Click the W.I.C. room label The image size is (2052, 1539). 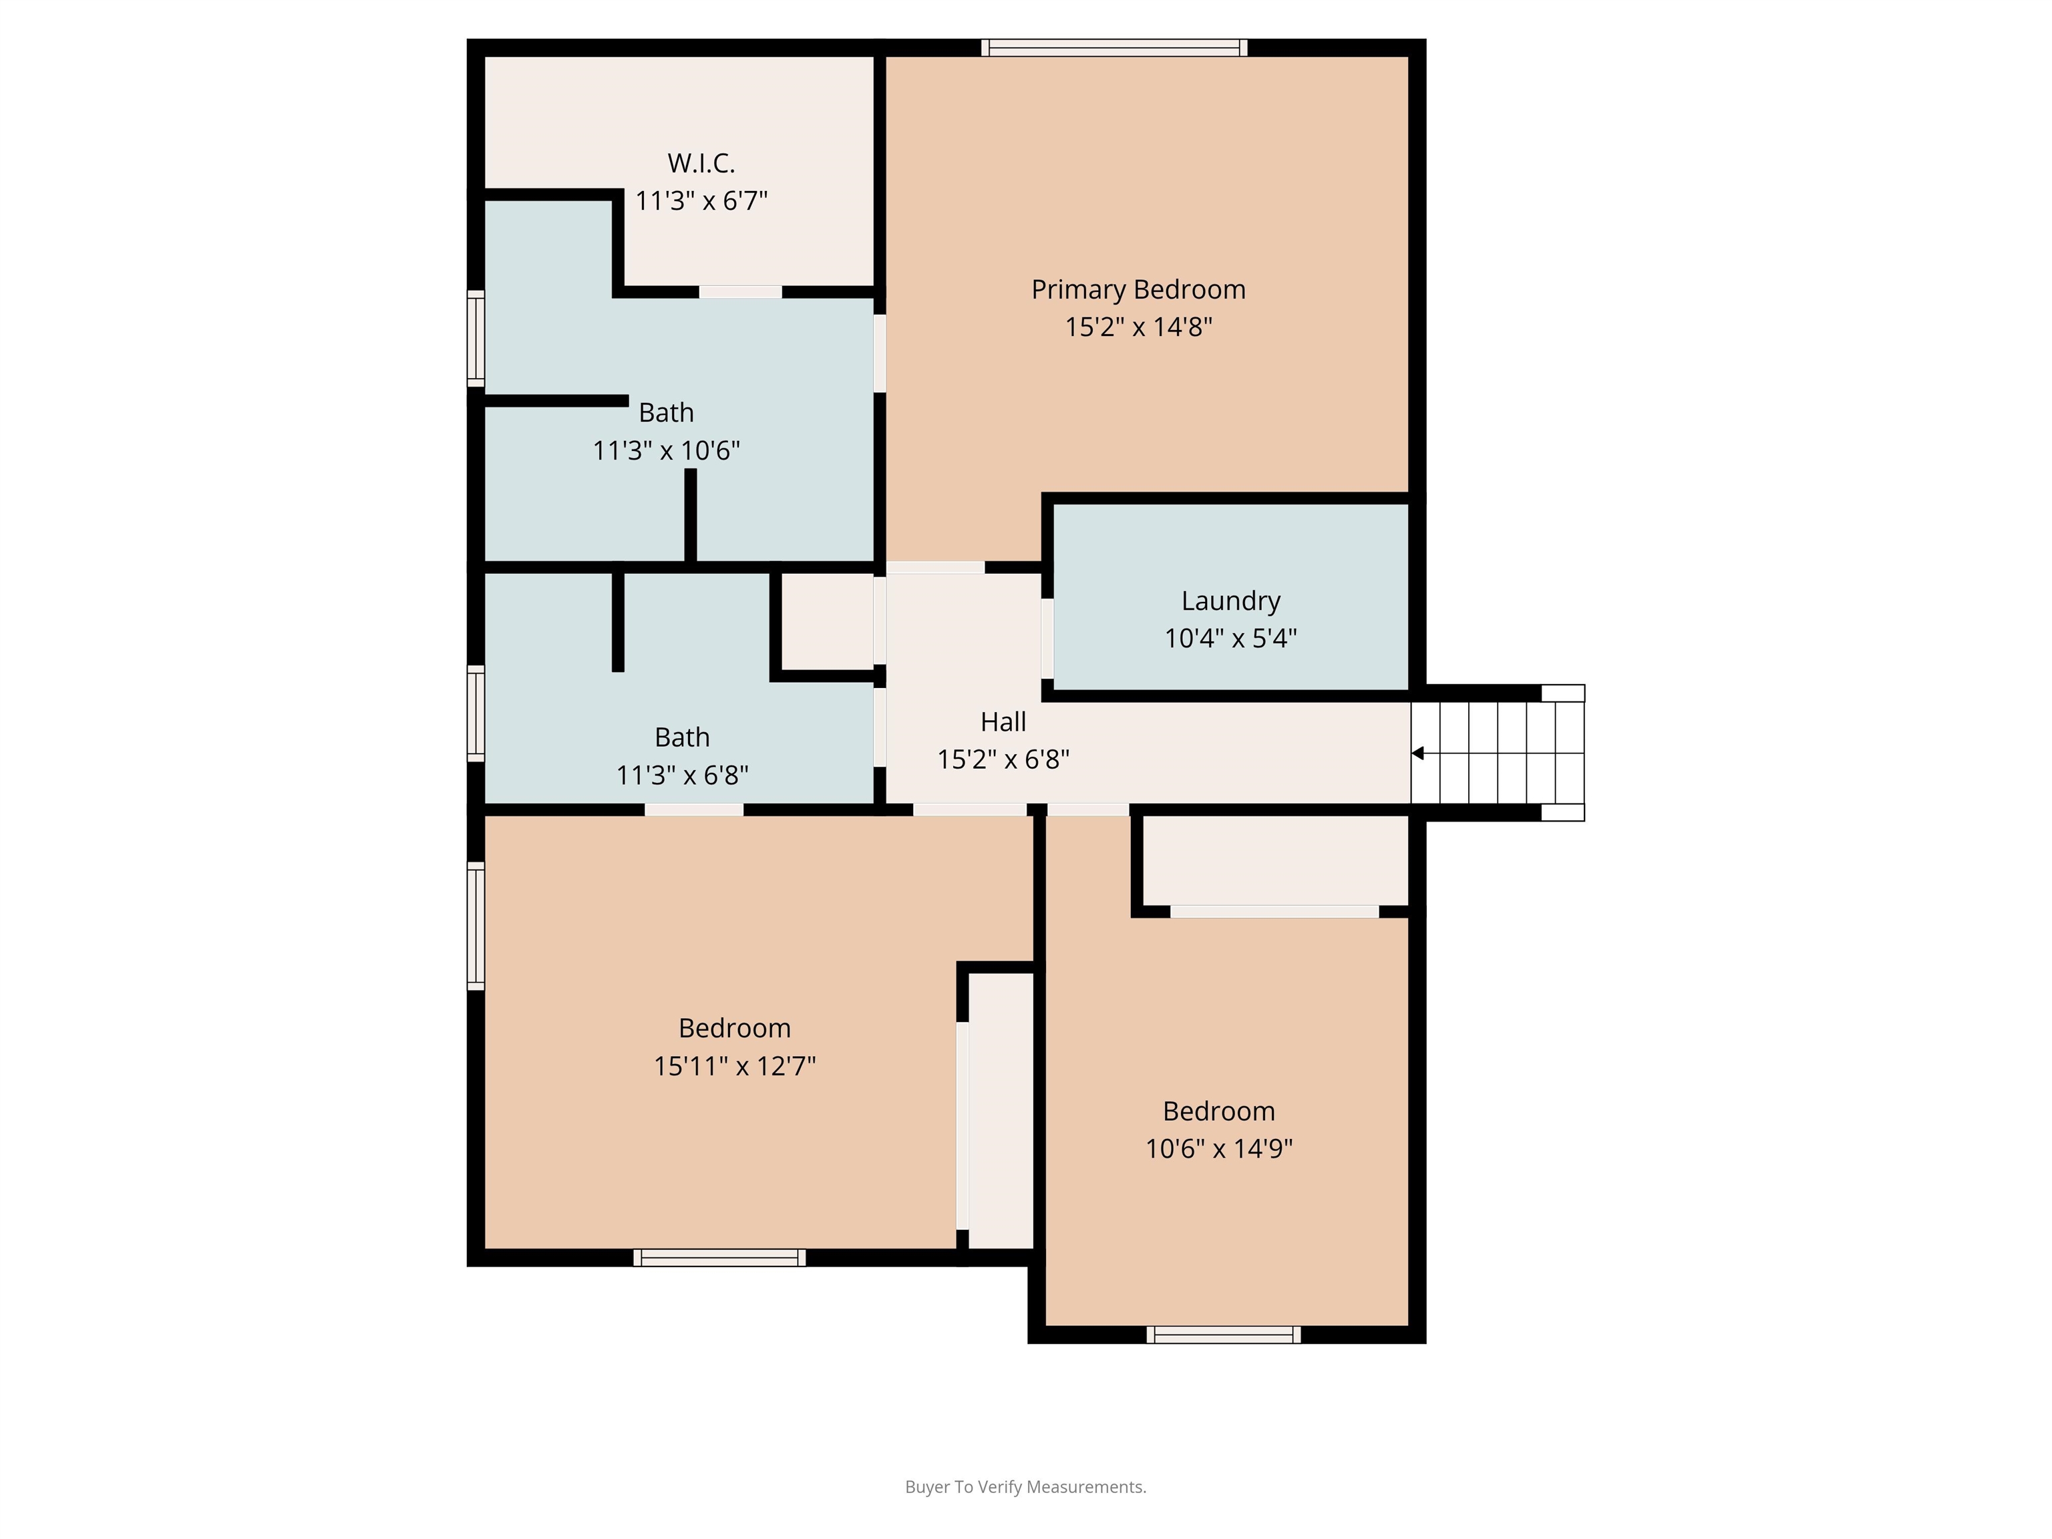[701, 163]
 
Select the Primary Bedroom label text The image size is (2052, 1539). [1138, 289]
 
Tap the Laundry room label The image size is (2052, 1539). [1231, 601]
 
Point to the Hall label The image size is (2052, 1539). [1004, 721]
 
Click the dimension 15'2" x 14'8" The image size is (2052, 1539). [1138, 327]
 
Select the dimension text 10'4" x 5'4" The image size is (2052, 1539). [1231, 638]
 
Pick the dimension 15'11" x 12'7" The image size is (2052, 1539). [735, 1066]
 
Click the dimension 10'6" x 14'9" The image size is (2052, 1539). [1219, 1148]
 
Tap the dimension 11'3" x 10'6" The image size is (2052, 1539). [666, 451]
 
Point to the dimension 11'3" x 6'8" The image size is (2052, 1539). [682, 775]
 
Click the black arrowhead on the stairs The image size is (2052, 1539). [1417, 753]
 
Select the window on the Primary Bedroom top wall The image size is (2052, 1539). [1114, 48]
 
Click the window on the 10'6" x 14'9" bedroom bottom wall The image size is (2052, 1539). [1224, 1335]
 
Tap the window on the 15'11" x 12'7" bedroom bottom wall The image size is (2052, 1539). [720, 1258]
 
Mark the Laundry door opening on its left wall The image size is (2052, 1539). [1047, 638]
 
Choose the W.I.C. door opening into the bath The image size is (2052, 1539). [740, 292]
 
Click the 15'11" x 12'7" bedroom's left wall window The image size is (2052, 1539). [476, 926]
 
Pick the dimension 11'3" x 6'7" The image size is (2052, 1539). [701, 200]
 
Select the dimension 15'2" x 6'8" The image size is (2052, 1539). [1004, 759]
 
